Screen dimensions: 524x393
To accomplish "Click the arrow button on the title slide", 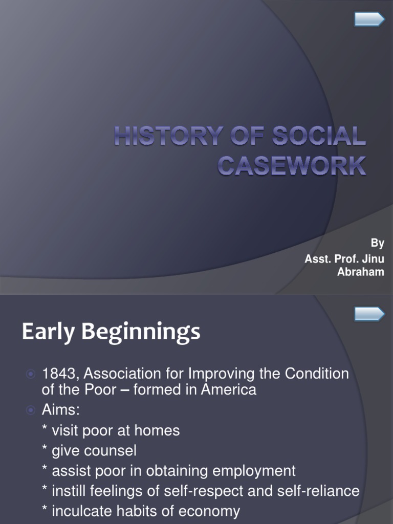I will click(x=369, y=19).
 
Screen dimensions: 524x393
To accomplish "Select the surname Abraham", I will click(x=360, y=272).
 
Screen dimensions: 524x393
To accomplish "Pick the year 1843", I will click(x=58, y=374).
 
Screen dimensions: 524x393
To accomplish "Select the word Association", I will click(x=124, y=374).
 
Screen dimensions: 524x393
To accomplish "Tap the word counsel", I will click(x=111, y=451).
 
